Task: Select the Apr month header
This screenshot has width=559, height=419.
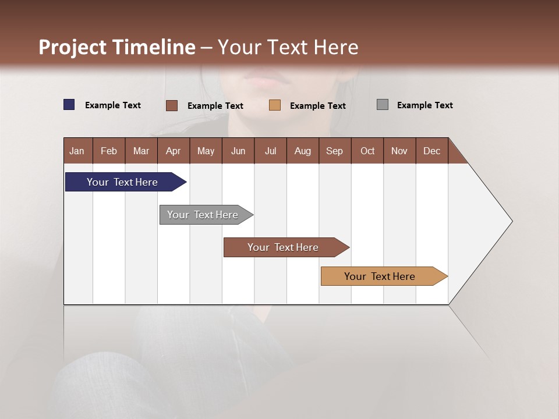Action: pos(174,151)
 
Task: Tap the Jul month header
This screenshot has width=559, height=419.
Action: pos(270,151)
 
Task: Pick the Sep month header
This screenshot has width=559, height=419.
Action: pos(335,151)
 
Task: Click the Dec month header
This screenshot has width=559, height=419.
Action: pos(431,151)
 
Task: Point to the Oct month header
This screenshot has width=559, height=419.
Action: pos(367,151)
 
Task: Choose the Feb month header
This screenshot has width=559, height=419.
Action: pos(109,151)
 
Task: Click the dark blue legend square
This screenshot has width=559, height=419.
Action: pos(69,105)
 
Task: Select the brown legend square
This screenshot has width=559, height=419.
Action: pos(171,105)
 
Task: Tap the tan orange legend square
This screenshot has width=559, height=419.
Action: pos(275,105)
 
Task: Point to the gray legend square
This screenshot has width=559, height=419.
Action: pos(383,105)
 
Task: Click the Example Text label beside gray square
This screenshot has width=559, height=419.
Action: pos(424,105)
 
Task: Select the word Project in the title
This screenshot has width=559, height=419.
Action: pos(72,47)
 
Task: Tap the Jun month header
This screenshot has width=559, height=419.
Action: pos(238,151)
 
